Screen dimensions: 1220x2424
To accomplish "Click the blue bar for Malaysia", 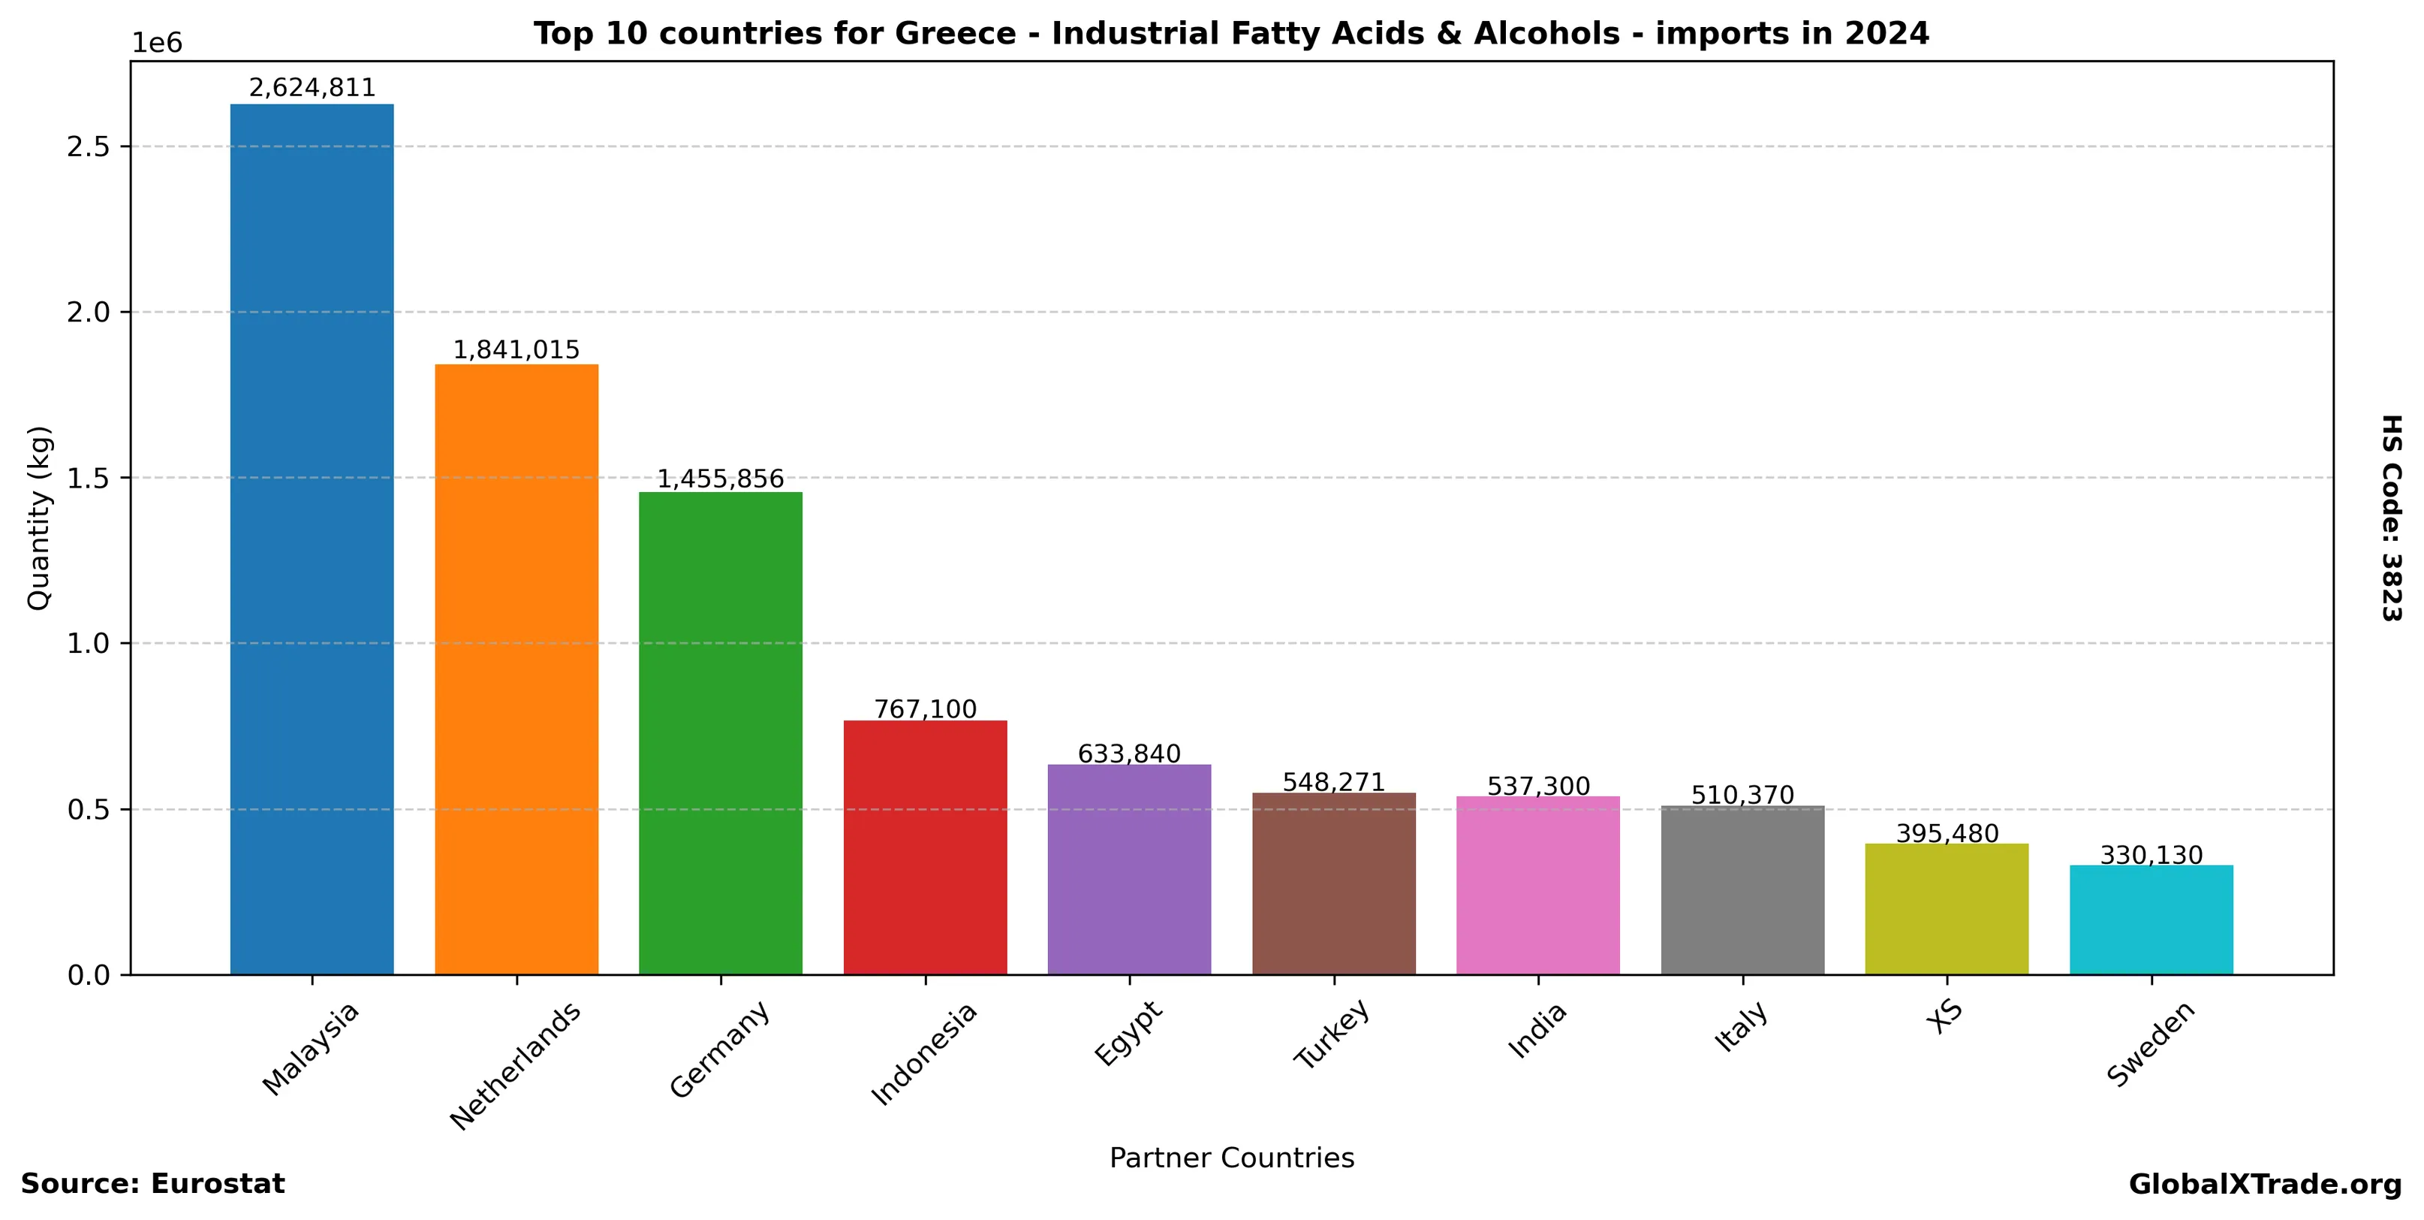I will tap(312, 539).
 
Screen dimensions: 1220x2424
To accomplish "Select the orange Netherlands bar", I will tap(516, 669).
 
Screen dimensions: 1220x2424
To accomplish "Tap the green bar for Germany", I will tap(720, 732).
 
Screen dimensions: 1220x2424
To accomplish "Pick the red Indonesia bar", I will tap(925, 847).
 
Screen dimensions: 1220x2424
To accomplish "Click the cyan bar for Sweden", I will tap(2151, 919).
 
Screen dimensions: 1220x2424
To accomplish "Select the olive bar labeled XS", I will tap(1946, 908).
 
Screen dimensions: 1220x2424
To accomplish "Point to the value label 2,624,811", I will tap(312, 88).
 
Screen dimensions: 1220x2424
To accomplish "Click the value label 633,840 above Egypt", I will tap(1128, 754).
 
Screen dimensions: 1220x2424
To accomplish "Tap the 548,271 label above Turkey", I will tap(1333, 782).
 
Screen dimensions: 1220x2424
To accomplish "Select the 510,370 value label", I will tap(1742, 796).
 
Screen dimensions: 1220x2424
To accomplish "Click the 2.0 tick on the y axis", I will tap(88, 312).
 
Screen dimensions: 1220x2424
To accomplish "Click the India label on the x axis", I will tap(1537, 1030).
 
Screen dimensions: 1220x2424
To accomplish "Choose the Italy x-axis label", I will tap(1742, 1027).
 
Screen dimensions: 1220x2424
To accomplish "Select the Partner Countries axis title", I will tap(1231, 1158).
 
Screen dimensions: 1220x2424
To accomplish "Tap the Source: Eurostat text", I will tap(152, 1184).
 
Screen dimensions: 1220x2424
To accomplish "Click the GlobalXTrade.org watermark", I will tap(2264, 1184).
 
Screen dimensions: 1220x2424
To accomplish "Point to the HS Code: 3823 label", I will tap(2391, 518).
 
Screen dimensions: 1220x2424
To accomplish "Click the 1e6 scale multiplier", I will tap(156, 44).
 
